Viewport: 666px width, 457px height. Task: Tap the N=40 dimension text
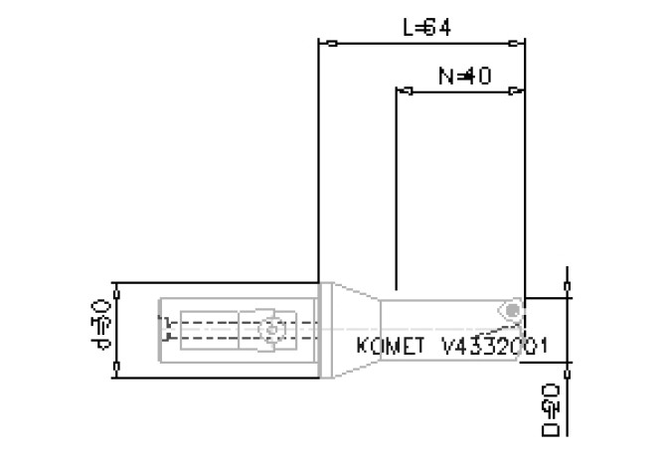464,76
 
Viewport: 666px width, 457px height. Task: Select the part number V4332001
497,348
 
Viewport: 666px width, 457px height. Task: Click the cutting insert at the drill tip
511,311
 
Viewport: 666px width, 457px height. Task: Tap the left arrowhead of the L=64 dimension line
332,44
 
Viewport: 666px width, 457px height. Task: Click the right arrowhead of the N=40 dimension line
513,90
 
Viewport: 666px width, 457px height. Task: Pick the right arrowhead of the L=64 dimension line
513,44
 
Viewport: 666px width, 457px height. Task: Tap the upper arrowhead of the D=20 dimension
567,289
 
